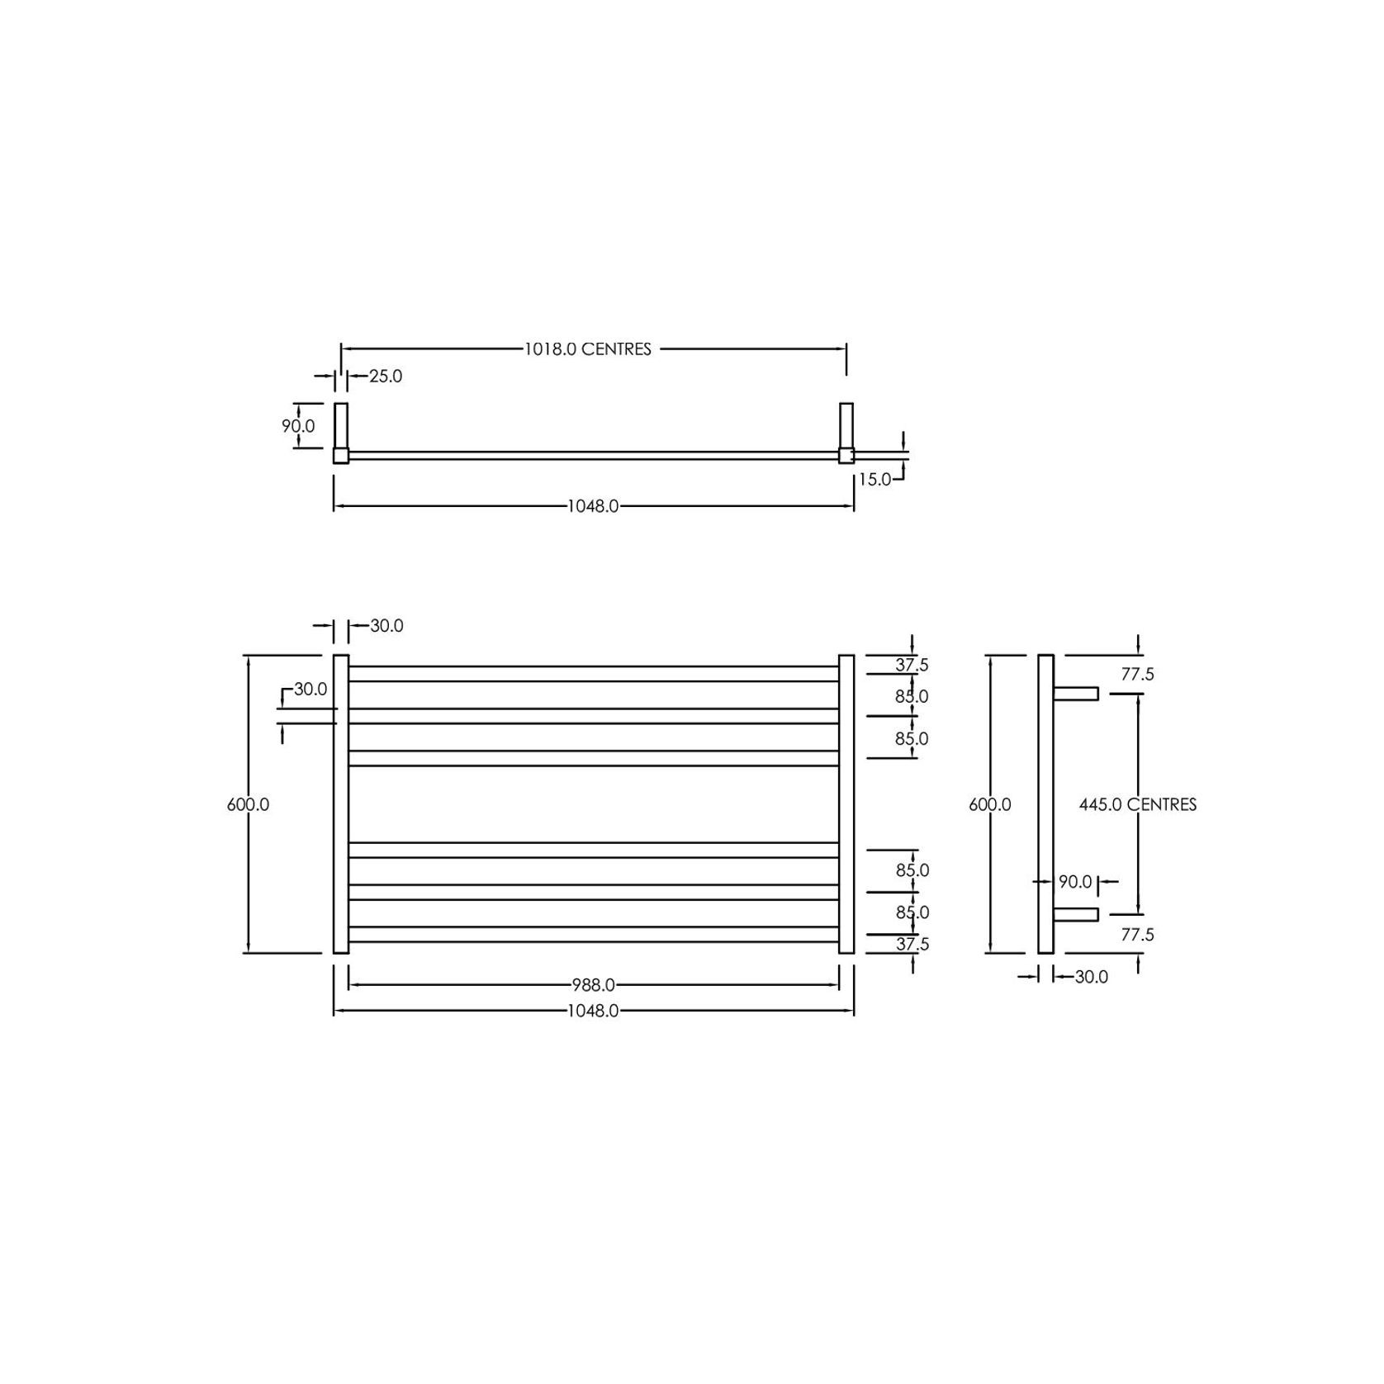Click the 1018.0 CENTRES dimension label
587,349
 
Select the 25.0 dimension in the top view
385,377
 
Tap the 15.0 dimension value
874,480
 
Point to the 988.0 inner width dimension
593,985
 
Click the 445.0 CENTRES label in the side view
1137,804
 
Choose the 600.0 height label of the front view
248,804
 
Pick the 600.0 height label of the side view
989,804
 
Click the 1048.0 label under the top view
593,506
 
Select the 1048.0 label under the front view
593,1011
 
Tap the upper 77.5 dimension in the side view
1137,675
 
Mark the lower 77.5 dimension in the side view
1137,935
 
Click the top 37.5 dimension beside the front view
912,665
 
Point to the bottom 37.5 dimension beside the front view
912,944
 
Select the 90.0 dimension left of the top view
298,427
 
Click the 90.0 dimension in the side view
1075,882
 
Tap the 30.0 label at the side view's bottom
1091,977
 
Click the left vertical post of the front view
341,804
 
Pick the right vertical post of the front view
846,804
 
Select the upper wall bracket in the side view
1075,694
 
